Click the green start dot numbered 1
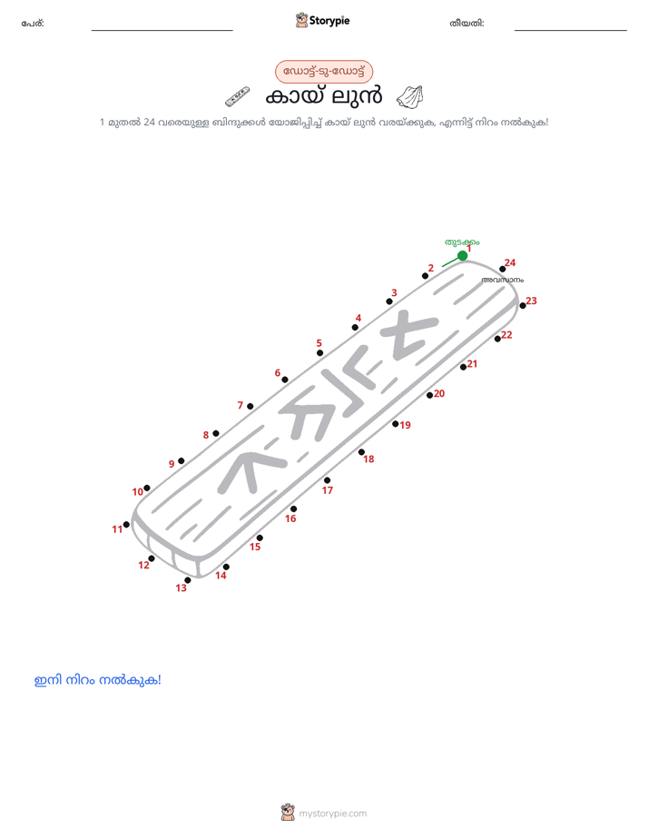463,256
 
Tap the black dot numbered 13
187,580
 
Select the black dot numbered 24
502,269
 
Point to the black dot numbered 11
126,525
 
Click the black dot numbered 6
284,380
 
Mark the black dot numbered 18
361,452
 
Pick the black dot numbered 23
523,305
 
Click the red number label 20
439,394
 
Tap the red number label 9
172,464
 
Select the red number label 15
255,547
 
